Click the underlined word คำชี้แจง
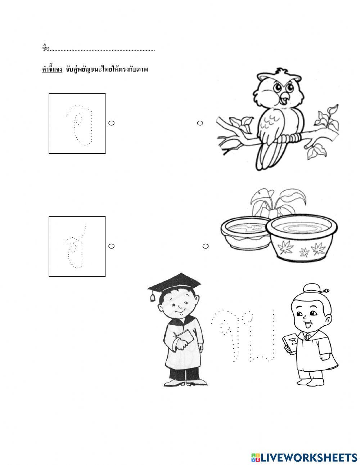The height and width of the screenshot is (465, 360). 52,69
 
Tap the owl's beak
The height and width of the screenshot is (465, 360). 284,96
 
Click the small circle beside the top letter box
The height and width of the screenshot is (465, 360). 111,123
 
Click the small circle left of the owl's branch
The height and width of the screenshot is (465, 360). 200,123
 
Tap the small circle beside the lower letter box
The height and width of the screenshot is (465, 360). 111,246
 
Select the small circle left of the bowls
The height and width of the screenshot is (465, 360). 206,246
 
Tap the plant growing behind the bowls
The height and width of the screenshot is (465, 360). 277,202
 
